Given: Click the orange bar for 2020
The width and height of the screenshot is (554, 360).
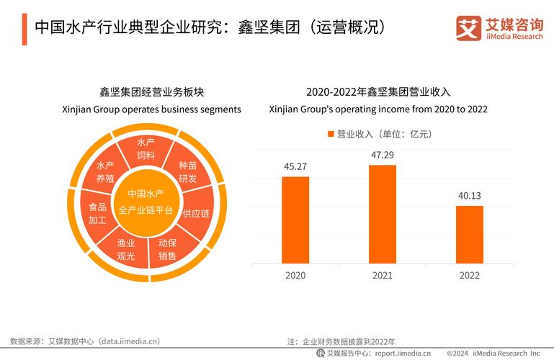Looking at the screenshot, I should (x=295, y=220).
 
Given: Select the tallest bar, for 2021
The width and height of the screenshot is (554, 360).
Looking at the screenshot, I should (x=383, y=214).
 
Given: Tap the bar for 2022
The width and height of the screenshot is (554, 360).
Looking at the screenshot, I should (x=470, y=235).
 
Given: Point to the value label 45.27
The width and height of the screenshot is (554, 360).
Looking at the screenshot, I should (x=295, y=166).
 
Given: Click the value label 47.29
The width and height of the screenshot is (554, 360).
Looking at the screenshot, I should (x=383, y=155).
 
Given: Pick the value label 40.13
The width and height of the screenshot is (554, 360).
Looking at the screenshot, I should (x=470, y=196).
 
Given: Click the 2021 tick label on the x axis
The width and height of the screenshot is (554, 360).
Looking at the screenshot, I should (x=383, y=276).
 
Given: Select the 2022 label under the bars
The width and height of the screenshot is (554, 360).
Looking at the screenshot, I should (x=470, y=276).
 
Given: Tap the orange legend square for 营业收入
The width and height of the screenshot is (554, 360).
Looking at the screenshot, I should (x=331, y=134).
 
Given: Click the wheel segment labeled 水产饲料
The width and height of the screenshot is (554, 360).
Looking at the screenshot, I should (x=146, y=149).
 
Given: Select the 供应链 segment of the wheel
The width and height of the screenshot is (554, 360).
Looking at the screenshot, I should (x=195, y=213).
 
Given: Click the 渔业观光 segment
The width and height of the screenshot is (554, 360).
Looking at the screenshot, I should (x=126, y=249).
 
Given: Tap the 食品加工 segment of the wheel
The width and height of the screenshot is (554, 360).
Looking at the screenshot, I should (x=97, y=213).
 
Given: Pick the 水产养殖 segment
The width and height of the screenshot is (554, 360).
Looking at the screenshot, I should (x=106, y=172).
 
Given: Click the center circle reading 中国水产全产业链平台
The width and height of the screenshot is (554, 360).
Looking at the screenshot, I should (x=146, y=202).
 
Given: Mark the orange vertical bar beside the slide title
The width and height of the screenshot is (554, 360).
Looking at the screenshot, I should (x=24, y=28).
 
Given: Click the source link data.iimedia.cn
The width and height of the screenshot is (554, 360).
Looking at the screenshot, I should (x=129, y=341).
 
